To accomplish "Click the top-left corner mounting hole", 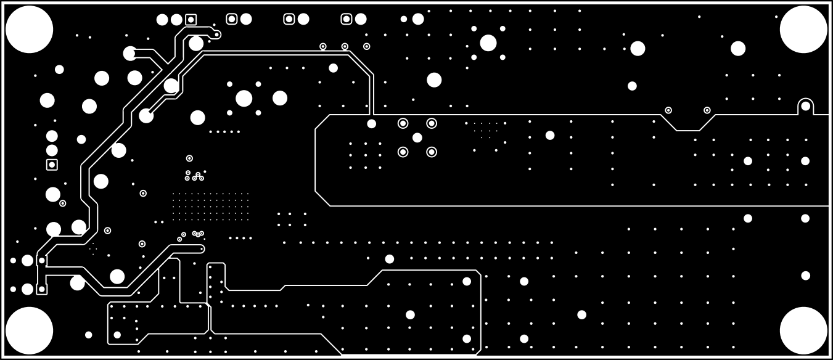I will coord(29,29).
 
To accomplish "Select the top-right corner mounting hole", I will coord(803,29).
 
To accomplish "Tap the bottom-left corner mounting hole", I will coord(29,330).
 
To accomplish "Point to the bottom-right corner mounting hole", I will coord(803,330).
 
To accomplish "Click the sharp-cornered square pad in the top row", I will coord(191,20).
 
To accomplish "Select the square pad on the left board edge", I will coord(52,165).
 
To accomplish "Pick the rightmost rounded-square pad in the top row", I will coord(347,19).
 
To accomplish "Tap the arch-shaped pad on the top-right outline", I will coord(805,106).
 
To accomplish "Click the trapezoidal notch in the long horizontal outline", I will coord(688,123).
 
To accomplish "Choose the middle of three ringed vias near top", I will coord(345,46).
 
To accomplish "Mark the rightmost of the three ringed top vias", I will coord(366,46).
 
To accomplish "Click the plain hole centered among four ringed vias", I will coord(417,137).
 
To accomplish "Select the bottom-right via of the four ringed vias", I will coord(432,152).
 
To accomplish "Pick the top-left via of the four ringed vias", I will coord(403,123).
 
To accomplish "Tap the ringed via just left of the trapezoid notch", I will coord(668,110).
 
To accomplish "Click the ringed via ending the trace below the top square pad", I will coord(216,35).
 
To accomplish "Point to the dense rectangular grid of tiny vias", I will coord(210,207).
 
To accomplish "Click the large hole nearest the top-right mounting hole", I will coord(738,48).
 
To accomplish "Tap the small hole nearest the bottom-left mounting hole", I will coord(88,335).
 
